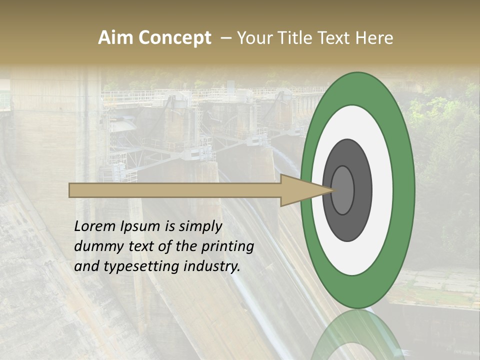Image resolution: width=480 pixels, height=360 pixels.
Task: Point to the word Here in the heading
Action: coord(373,38)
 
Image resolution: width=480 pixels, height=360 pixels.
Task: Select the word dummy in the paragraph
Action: coord(95,246)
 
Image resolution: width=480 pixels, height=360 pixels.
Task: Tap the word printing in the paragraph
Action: coord(228,247)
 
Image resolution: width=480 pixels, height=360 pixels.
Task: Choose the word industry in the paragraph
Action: coord(212,266)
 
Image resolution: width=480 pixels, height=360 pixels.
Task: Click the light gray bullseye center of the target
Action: coord(343,190)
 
